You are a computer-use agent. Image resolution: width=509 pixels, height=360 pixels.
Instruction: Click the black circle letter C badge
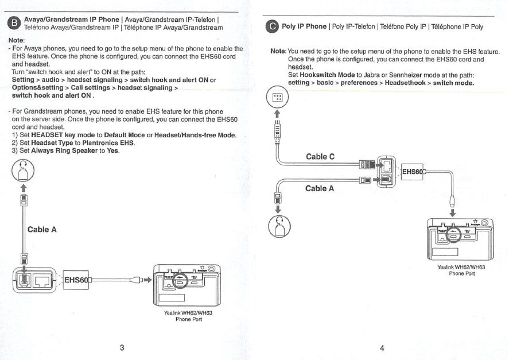[x=273, y=27]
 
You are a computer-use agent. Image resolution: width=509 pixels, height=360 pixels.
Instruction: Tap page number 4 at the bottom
[x=382, y=347]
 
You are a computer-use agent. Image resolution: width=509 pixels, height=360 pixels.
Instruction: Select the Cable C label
[x=320, y=157]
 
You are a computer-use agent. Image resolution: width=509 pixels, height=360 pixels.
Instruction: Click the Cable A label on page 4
[x=320, y=188]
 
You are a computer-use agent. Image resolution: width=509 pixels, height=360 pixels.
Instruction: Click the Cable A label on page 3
[x=42, y=230]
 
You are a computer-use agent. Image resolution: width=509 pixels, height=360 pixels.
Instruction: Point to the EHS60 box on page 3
[x=76, y=280]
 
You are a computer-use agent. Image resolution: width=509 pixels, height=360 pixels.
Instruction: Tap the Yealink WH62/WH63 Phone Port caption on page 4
[x=461, y=270]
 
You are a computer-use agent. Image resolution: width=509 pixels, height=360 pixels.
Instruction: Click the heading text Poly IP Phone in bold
[x=304, y=26]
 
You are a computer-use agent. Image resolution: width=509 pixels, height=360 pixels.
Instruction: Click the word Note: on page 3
[x=17, y=41]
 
